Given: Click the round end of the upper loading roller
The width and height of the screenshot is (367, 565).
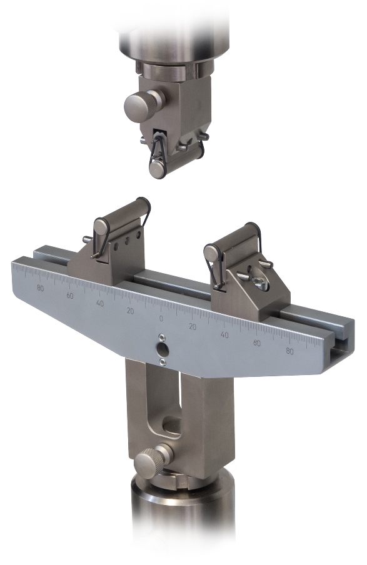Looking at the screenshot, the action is pos(157,169).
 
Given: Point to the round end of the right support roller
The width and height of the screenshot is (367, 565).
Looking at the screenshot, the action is pos(211,253).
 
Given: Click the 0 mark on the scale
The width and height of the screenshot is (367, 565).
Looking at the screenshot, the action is pos(161,319).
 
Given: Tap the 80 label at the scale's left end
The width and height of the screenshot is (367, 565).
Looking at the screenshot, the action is pos(41,288).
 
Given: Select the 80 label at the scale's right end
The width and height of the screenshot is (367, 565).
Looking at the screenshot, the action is pos(290,351).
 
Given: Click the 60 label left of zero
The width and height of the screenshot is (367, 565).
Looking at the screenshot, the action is pos(70,296).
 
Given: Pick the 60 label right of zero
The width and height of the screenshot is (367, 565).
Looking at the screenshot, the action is pos(257,343).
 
